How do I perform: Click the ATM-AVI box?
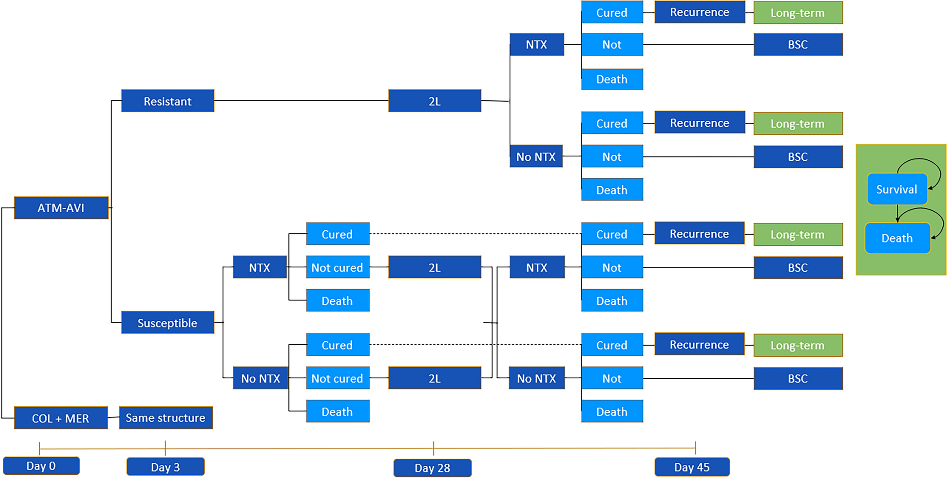coord(61,208)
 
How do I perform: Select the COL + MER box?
coord(61,418)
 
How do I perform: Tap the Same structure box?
coord(166,418)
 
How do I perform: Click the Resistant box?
coord(167,101)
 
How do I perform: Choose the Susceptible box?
coord(167,323)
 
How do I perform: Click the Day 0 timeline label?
coord(41,466)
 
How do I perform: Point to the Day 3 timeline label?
coord(165,467)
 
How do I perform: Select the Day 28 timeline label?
coord(432,468)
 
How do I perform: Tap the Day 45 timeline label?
coord(692,467)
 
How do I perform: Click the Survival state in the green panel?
coord(897,189)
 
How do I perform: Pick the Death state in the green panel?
coord(897,238)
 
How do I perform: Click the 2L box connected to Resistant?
coord(434,101)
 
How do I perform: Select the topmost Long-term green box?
coord(798,13)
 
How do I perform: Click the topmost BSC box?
coord(798,45)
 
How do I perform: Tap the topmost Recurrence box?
coord(699,13)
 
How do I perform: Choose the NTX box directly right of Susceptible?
coord(259,268)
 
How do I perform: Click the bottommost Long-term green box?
coord(798,346)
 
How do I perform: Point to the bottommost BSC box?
coord(798,379)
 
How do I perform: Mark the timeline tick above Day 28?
coord(434,448)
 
